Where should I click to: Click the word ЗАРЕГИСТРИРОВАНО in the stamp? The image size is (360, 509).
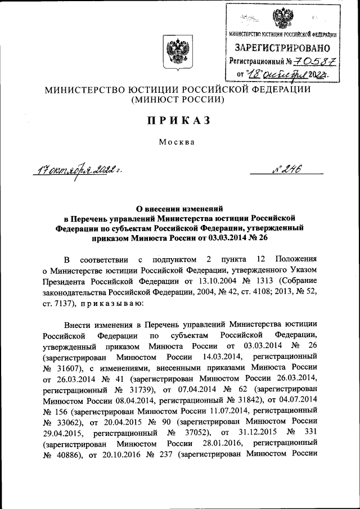(280, 48)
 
